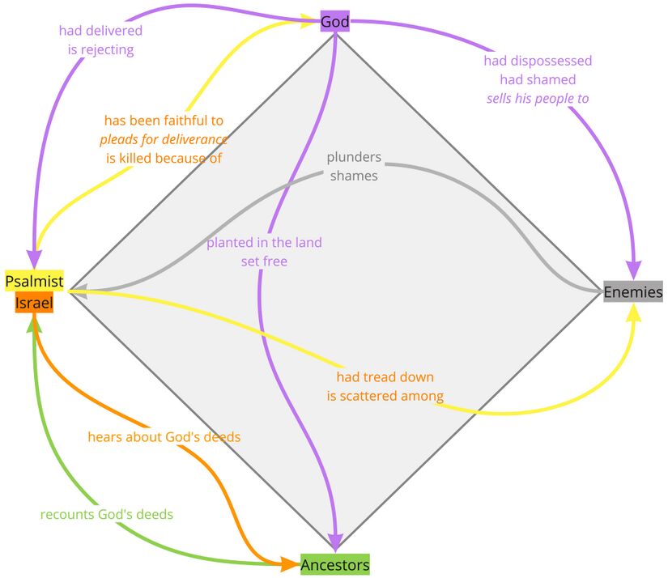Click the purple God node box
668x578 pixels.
pyautogui.click(x=334, y=22)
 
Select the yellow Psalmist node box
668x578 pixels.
pyautogui.click(x=34, y=281)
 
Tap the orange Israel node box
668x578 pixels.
pyautogui.click(x=34, y=304)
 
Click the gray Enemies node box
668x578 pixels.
pyautogui.click(x=632, y=292)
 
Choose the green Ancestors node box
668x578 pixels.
pyautogui.click(x=335, y=564)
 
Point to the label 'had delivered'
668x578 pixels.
pyautogui.click(x=100, y=31)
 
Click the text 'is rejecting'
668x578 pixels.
pyautogui.click(x=100, y=49)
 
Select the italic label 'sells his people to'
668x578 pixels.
pyautogui.click(x=538, y=98)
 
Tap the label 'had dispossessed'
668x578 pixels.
pyautogui.click(x=538, y=61)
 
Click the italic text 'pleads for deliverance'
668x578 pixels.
pyautogui.click(x=164, y=139)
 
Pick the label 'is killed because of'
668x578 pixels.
pyautogui.click(x=164, y=158)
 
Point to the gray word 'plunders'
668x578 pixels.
pyautogui.click(x=354, y=157)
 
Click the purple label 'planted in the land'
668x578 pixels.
pyautogui.click(x=264, y=243)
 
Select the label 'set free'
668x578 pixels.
pyautogui.click(x=264, y=261)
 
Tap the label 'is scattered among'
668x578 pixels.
pyautogui.click(x=385, y=396)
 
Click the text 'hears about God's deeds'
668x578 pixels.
pyautogui.click(x=164, y=437)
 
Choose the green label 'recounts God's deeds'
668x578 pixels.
pyautogui.click(x=107, y=514)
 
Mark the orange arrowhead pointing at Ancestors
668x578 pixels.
pyautogui.click(x=290, y=564)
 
